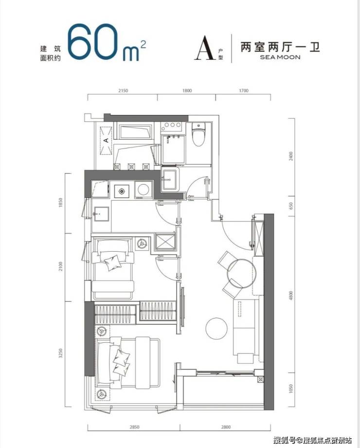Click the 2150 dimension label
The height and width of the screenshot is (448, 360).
[x=123, y=91]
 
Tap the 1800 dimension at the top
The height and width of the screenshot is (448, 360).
[x=187, y=91]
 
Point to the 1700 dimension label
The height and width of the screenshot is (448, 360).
[x=243, y=91]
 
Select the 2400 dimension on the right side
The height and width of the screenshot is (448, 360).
[x=291, y=156]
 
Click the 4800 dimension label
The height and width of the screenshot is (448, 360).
[x=291, y=296]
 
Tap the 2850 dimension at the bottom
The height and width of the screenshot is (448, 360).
[x=134, y=427]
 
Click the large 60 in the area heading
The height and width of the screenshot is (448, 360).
[x=93, y=42]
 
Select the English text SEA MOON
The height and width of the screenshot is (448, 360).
[x=280, y=57]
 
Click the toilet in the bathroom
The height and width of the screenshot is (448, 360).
[x=198, y=134]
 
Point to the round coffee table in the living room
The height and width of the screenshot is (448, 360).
[x=216, y=329]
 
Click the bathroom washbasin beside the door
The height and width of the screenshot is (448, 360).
[x=170, y=179]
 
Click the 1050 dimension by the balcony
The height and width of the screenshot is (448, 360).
[x=291, y=389]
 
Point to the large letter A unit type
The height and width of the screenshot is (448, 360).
[x=205, y=48]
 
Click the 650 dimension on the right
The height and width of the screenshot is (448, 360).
[x=291, y=205]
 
